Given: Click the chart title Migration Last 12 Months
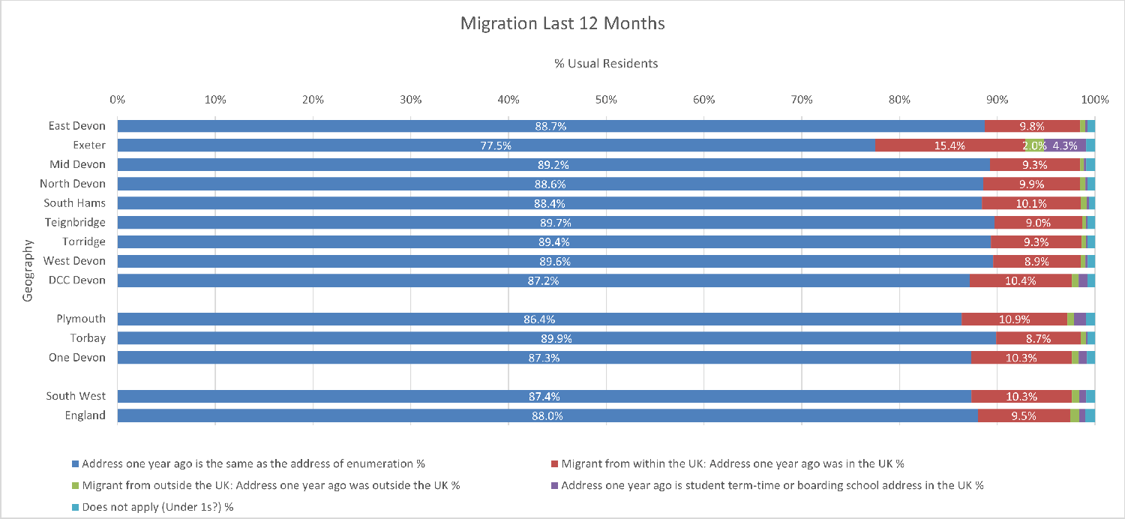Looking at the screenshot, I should coord(562,24).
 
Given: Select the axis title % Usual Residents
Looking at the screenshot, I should coord(606,64).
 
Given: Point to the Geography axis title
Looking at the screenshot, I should coord(28,270).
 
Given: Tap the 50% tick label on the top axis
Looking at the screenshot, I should coord(606,99).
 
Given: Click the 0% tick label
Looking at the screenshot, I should coord(117,99).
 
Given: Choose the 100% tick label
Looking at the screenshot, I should coord(1095,99).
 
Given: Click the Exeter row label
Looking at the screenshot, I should coord(88,145).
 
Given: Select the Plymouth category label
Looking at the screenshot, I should coord(81,319).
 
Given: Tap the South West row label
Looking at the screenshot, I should coord(76,396).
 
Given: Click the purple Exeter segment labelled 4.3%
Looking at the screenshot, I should coord(1065,145).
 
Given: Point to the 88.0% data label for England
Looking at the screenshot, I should coord(547,416).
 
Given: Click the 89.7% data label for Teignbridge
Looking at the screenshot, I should coord(555,223).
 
